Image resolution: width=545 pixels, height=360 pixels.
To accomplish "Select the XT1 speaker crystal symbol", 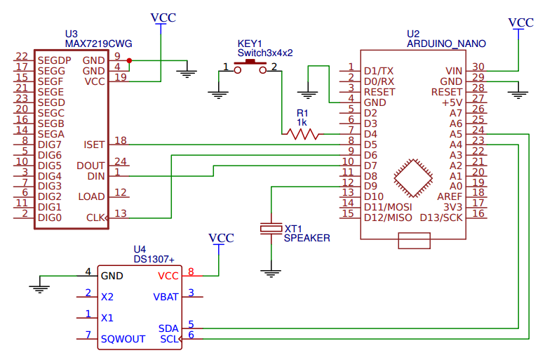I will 271,229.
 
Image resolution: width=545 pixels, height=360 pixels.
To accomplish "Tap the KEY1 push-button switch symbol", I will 250,65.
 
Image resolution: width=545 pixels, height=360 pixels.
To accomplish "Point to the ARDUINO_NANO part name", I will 446,44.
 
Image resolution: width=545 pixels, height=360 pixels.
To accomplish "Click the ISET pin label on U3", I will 94,145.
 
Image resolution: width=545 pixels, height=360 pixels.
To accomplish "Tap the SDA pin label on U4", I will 168,328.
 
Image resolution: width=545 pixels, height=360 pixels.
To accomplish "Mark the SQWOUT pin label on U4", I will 123,339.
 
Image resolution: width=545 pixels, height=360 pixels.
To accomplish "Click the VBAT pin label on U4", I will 166,297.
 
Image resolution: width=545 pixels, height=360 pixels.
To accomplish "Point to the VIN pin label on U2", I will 454,71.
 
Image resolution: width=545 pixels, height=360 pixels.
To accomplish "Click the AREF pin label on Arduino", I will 450,196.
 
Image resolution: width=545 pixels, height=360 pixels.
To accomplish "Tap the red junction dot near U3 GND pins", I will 130,60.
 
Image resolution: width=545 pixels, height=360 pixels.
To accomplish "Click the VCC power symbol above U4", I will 222,239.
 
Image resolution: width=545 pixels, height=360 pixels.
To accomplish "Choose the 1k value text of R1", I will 302,122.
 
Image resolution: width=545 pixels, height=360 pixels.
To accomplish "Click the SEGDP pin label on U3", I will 55,60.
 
